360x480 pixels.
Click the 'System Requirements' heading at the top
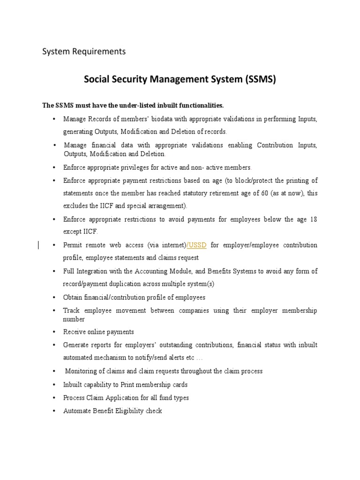84,52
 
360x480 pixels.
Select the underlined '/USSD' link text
197,245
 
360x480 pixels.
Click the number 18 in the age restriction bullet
313,219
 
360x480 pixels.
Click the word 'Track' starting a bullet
71,310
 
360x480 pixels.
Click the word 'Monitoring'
81,371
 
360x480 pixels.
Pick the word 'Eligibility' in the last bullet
129,411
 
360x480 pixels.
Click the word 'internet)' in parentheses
174,245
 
